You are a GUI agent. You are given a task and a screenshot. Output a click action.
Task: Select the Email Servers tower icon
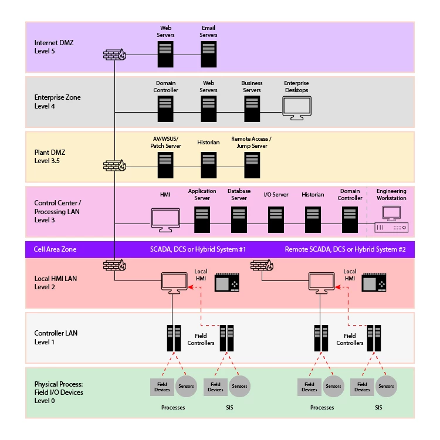(209, 54)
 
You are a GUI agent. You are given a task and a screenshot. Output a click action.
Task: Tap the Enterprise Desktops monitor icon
(296, 107)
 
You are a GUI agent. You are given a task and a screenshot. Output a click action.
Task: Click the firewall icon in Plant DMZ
(114, 165)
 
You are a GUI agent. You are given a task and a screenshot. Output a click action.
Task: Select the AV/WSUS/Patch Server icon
(165, 164)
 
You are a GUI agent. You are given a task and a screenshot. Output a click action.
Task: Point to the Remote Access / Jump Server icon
(252, 164)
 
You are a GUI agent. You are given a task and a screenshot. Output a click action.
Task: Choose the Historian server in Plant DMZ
(209, 164)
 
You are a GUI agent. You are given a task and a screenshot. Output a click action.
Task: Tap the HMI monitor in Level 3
(165, 219)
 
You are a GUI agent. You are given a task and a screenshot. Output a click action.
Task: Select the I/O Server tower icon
(276, 219)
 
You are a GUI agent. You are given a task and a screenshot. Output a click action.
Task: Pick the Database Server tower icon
(239, 219)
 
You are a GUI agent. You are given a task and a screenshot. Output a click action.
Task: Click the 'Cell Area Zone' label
(55, 249)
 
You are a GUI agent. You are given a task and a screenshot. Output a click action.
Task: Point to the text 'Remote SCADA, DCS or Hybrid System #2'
(345, 249)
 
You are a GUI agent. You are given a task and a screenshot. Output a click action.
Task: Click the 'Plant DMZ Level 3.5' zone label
(49, 156)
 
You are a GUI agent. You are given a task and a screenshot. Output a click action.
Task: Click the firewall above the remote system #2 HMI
(261, 265)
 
